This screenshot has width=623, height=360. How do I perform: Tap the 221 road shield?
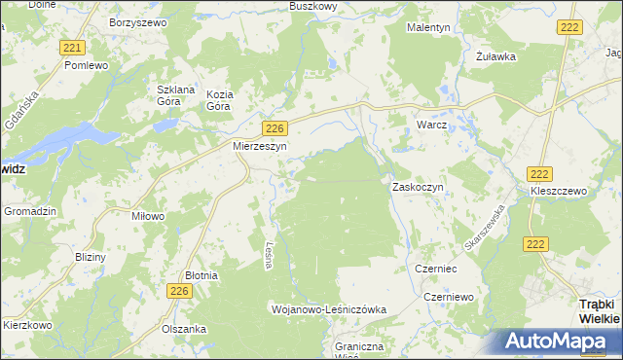71,48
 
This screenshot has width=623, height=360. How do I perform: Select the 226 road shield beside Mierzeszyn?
275,127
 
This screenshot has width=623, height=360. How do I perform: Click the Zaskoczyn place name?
418,186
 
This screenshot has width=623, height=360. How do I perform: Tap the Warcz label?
431,126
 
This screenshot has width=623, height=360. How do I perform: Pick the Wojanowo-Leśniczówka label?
328,308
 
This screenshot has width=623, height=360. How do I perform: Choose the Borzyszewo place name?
140,20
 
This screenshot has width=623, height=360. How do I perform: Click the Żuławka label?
495,56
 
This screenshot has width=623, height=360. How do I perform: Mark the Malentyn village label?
428,28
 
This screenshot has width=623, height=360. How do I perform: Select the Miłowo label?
148,216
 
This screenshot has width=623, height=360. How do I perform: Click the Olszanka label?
185,329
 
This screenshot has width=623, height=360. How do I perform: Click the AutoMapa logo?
559,342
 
